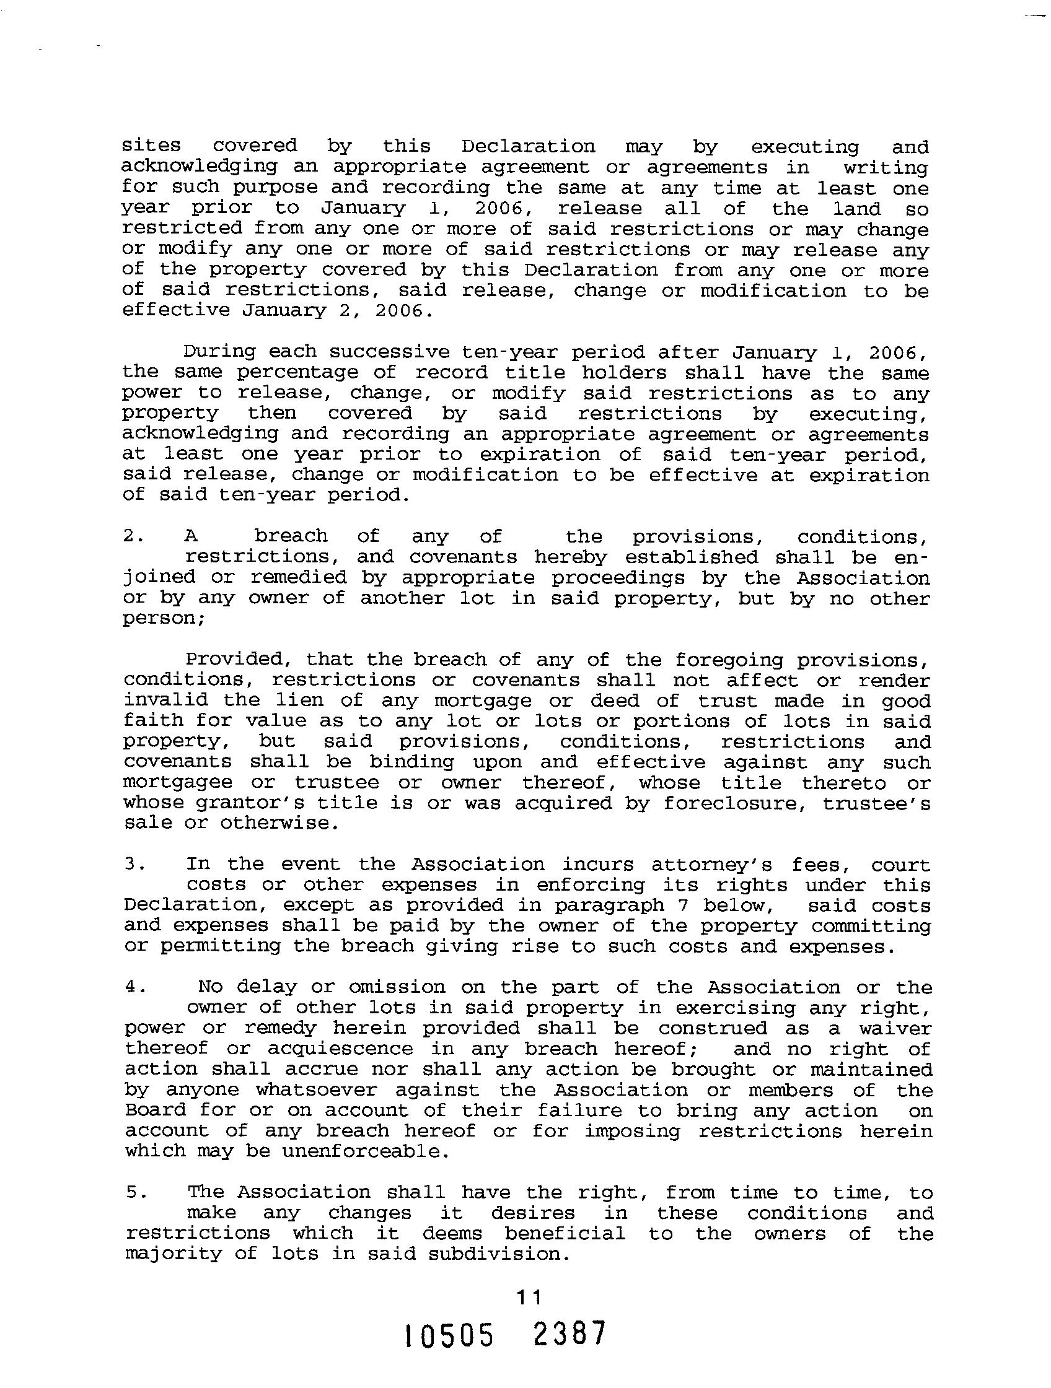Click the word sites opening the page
click(151, 146)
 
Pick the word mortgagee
click(178, 783)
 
